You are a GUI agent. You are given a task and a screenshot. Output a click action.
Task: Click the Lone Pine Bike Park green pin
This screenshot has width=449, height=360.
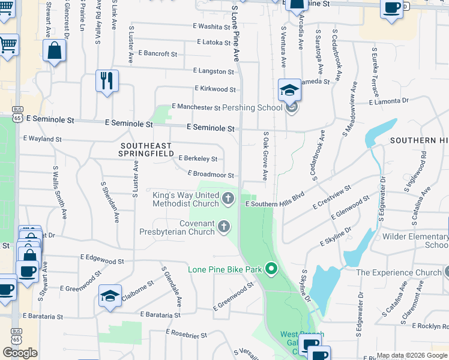pyautogui.click(x=271, y=269)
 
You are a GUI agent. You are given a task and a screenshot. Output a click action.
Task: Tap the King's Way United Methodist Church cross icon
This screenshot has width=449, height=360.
pyautogui.click(x=228, y=197)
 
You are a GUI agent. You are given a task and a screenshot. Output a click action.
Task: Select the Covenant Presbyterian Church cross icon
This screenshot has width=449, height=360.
pyautogui.click(x=223, y=226)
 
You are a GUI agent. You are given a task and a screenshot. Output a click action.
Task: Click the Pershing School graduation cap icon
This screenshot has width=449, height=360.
pyautogui.click(x=289, y=91)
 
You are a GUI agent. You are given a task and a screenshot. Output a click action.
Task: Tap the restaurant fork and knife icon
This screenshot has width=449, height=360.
pyautogui.click(x=107, y=80)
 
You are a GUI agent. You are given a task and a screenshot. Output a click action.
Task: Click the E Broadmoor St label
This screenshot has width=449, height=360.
pyautogui.click(x=211, y=174)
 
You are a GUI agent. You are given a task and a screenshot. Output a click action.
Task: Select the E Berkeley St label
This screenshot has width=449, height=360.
pyautogui.click(x=198, y=158)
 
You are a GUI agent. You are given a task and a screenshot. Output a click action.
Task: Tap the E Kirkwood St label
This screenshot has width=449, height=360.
pyautogui.click(x=215, y=89)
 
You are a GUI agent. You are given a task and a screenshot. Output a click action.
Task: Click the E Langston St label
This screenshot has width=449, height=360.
pyautogui.click(x=213, y=71)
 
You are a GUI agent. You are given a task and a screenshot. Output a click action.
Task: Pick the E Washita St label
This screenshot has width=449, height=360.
pyautogui.click(x=207, y=26)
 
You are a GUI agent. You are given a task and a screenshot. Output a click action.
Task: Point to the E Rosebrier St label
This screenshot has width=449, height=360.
pyautogui.click(x=186, y=333)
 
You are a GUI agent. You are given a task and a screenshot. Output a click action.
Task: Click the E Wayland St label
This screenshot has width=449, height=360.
pyautogui.click(x=42, y=139)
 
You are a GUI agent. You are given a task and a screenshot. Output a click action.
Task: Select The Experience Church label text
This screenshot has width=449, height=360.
pyautogui.click(x=399, y=272)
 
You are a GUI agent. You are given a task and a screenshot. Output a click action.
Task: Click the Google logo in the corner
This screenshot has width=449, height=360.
pyautogui.click(x=20, y=353)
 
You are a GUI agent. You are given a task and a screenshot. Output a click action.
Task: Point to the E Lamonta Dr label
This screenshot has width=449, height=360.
pyautogui.click(x=390, y=101)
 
